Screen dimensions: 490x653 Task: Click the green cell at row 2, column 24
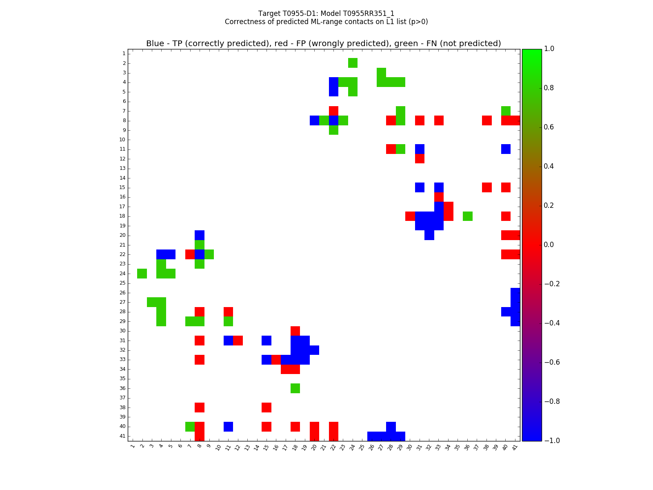click(x=353, y=63)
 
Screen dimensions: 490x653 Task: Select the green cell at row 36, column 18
click(x=295, y=388)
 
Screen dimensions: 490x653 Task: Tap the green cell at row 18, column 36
click(x=468, y=216)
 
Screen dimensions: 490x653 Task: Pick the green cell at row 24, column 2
click(x=142, y=274)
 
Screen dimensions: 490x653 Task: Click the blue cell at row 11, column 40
click(x=506, y=149)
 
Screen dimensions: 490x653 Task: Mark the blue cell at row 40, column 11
click(x=228, y=427)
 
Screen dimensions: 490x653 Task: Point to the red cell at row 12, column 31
click(x=420, y=158)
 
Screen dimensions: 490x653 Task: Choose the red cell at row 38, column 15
click(x=267, y=408)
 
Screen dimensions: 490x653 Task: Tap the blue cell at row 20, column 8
click(x=200, y=235)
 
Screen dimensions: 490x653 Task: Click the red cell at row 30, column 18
click(x=295, y=331)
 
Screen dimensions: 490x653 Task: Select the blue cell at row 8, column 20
click(x=314, y=120)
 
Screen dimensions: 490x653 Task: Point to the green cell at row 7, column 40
click(x=506, y=111)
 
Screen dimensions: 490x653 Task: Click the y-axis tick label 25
click(x=122, y=283)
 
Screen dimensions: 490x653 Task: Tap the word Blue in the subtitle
click(x=155, y=44)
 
